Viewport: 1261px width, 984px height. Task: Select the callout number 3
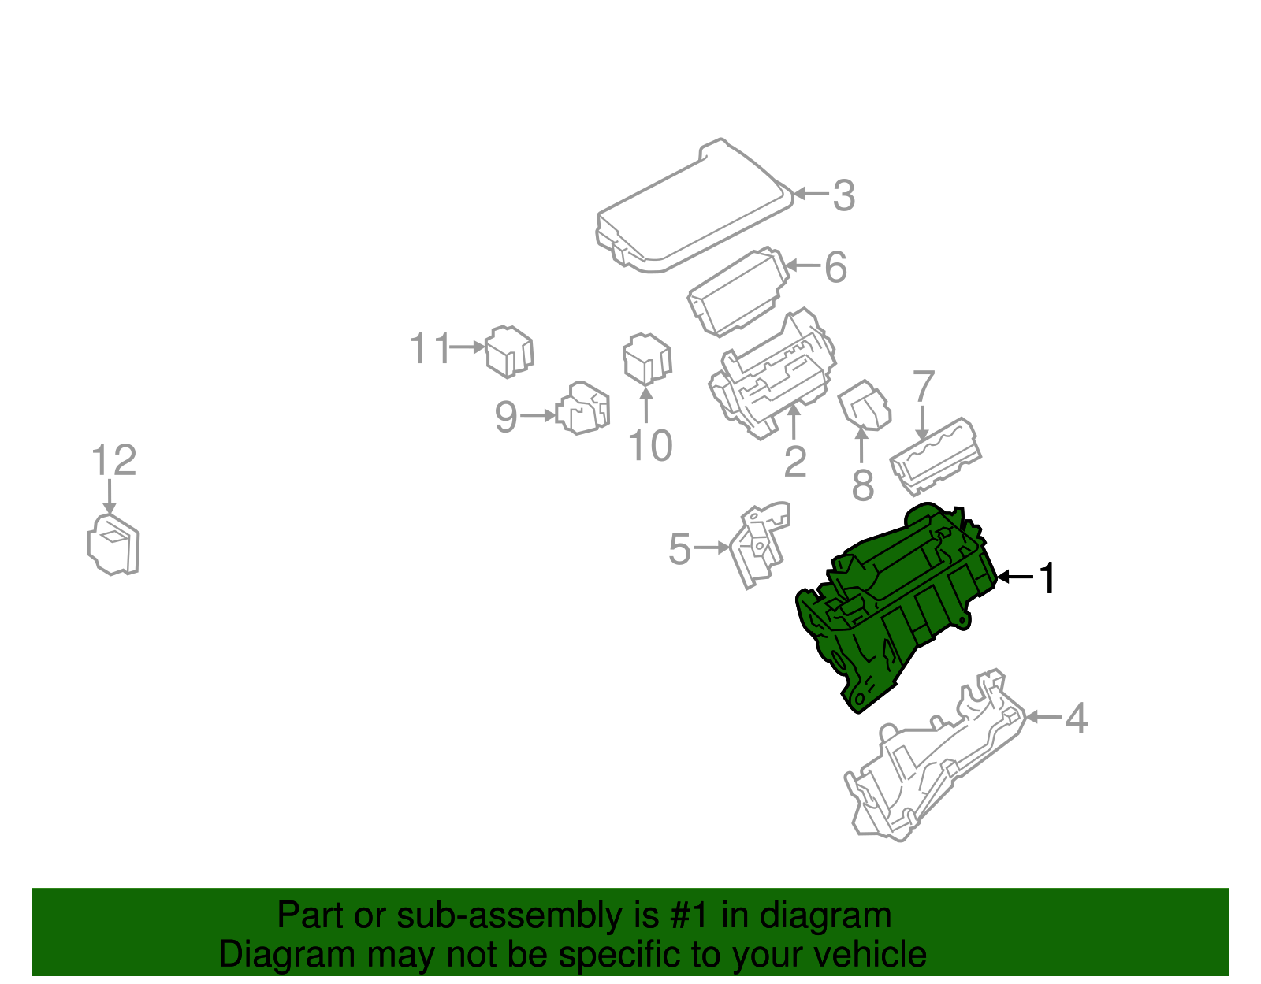(844, 195)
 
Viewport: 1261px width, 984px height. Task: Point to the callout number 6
(835, 267)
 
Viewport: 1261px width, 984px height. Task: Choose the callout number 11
(430, 348)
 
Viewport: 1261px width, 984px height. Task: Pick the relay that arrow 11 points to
(509, 351)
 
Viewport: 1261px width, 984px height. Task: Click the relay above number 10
(647, 359)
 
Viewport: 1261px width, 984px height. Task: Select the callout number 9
(505, 416)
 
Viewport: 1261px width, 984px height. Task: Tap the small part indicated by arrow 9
(582, 408)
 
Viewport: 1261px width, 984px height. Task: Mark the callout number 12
(113, 460)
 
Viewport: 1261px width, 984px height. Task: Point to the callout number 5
(679, 548)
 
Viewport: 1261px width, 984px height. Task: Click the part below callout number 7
(936, 457)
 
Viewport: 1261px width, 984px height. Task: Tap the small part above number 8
(865, 405)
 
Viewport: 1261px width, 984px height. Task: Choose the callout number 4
(1077, 719)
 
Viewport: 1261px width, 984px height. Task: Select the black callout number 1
(1047, 578)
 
